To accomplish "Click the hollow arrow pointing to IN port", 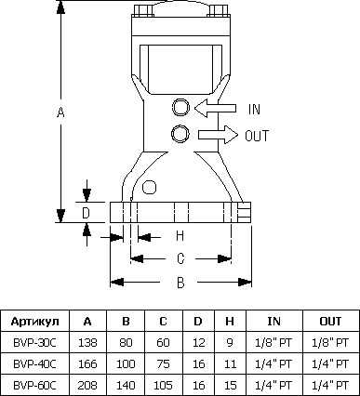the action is point(215,109).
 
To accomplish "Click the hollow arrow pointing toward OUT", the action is point(219,135).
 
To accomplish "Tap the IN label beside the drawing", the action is point(254,109).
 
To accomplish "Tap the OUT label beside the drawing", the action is point(257,136).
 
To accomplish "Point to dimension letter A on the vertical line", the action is point(60,112).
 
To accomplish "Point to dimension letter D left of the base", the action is point(86,213).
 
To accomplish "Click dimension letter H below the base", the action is point(180,236).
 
